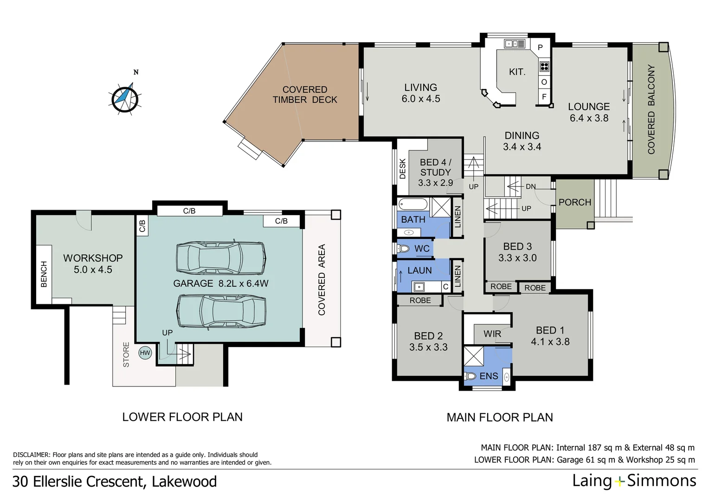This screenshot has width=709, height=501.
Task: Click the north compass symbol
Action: point(125,98)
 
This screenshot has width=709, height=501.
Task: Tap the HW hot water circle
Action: point(145,353)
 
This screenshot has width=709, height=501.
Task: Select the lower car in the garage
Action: point(221,311)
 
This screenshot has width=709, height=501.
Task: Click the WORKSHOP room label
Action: point(93,258)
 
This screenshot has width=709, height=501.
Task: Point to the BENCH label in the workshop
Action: point(44,274)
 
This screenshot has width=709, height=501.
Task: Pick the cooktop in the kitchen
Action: point(544,66)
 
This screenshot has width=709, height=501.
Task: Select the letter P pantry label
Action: point(540,47)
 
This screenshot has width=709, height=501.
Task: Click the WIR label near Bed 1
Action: point(492,334)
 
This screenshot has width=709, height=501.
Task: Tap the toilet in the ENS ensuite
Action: point(470,376)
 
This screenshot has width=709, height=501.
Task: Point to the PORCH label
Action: point(575,202)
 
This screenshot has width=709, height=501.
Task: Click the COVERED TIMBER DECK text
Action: point(305,95)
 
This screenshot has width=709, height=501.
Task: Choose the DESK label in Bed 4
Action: point(403,169)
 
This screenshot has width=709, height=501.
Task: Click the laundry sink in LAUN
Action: point(419,287)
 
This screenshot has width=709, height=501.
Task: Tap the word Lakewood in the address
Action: point(184,482)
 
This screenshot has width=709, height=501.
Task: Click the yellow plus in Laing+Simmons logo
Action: point(619,482)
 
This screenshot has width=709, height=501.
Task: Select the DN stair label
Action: point(530,187)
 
